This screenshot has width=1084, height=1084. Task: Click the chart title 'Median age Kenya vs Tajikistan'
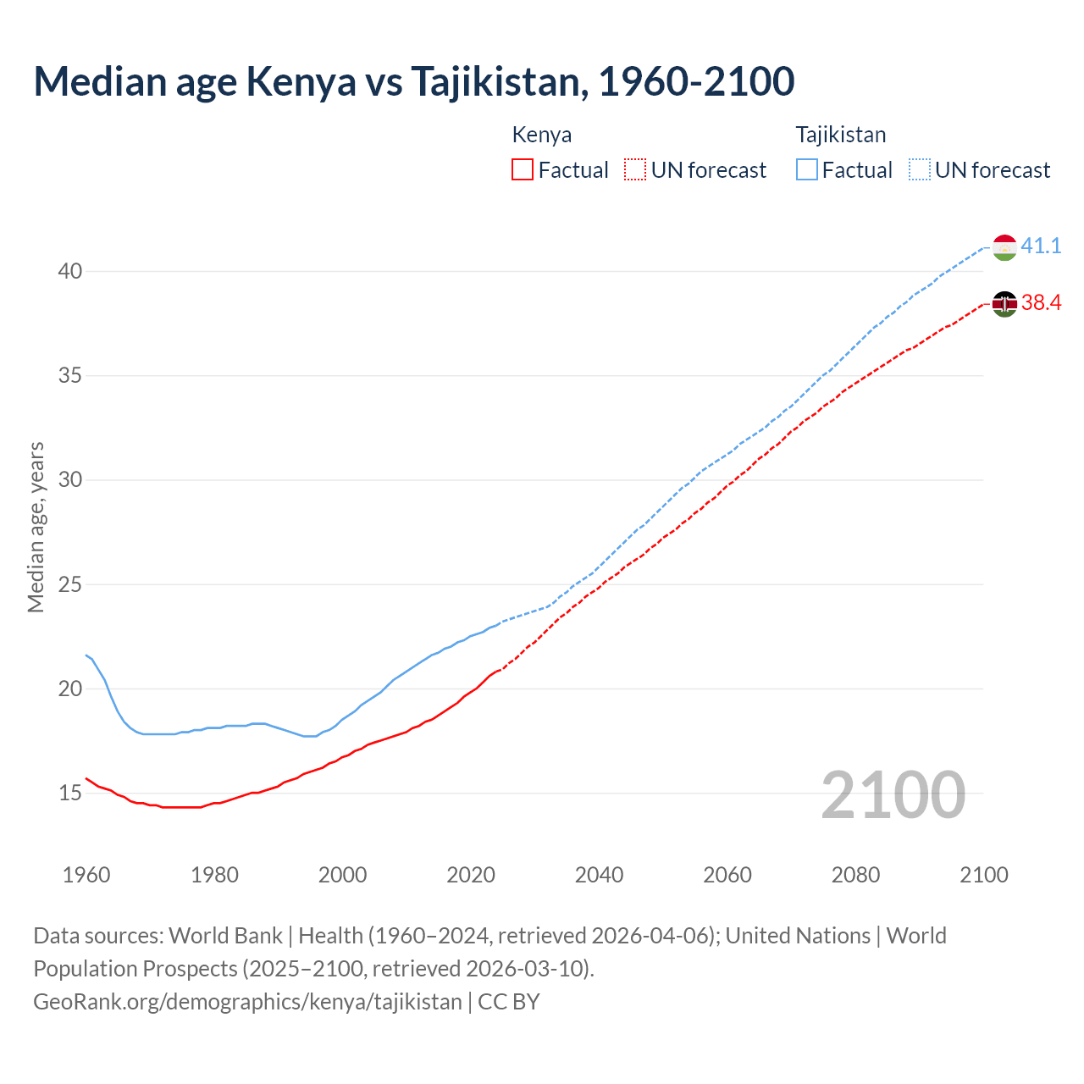pyautogui.click(x=413, y=81)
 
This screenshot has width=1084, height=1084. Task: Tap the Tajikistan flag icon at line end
pyautogui.click(x=1004, y=247)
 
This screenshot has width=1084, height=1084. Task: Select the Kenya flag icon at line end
pyautogui.click(x=1004, y=303)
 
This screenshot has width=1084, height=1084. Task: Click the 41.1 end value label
pyautogui.click(x=1041, y=246)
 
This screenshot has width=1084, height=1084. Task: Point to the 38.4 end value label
pyautogui.click(x=1041, y=303)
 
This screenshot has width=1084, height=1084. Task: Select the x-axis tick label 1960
pyautogui.click(x=86, y=875)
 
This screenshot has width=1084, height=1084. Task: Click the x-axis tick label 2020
pyautogui.click(x=471, y=875)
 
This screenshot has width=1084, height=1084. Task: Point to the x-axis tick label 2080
pyautogui.click(x=855, y=875)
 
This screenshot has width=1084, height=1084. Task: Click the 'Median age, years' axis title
pyautogui.click(x=36, y=527)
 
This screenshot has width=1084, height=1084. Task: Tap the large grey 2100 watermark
pyautogui.click(x=893, y=795)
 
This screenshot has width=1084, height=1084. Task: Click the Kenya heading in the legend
pyautogui.click(x=542, y=135)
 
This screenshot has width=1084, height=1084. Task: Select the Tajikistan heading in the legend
pyautogui.click(x=840, y=135)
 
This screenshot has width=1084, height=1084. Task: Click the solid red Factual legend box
pyautogui.click(x=523, y=170)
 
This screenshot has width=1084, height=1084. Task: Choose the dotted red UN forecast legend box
pyautogui.click(x=635, y=170)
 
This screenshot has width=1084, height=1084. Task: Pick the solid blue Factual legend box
pyautogui.click(x=807, y=170)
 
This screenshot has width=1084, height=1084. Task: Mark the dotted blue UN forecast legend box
pyautogui.click(x=920, y=170)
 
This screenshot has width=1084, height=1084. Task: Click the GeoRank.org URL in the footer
pyautogui.click(x=247, y=1002)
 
